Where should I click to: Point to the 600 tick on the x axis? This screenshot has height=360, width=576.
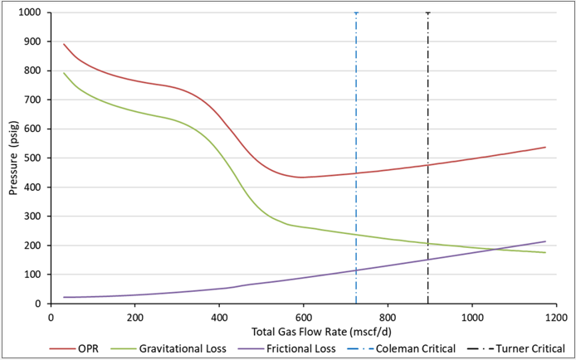click(x=303, y=315)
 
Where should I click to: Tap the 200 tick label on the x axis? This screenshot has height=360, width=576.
click(x=134, y=315)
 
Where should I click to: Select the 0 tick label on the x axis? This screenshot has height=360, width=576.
click(x=51, y=315)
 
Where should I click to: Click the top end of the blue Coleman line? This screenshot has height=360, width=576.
click(x=356, y=13)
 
